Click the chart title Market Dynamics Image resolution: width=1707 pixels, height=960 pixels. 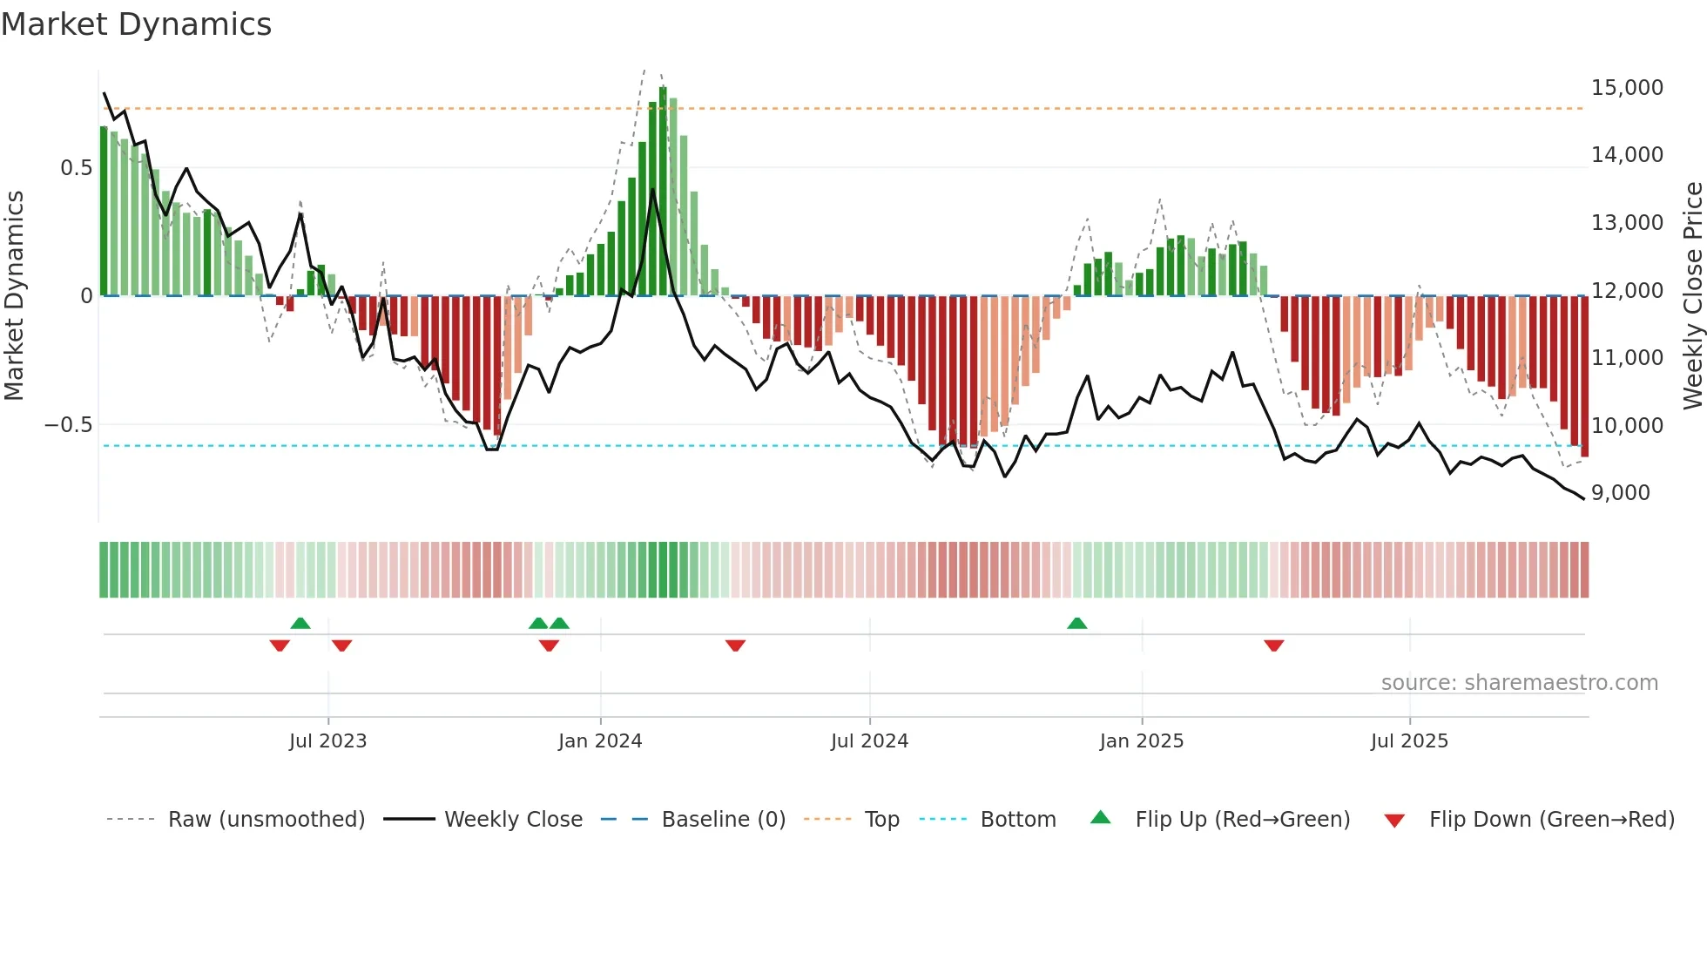pyautogui.click(x=136, y=24)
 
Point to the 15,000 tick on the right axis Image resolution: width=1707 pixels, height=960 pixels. pyautogui.click(x=1626, y=88)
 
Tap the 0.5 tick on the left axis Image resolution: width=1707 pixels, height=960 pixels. pyautogui.click(x=76, y=168)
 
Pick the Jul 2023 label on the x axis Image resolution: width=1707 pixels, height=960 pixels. pyautogui.click(x=327, y=741)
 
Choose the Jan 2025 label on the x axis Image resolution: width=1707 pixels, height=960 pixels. pyautogui.click(x=1141, y=741)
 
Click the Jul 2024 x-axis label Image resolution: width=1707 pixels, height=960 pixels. pyautogui.click(x=869, y=741)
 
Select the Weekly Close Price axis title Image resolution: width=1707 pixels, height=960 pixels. pyautogui.click(x=1692, y=295)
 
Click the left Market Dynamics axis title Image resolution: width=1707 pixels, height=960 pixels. pyautogui.click(x=14, y=295)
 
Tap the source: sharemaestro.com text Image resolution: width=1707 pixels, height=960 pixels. pyautogui.click(x=1519, y=683)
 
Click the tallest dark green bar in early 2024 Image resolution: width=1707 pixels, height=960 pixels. pyautogui.click(x=663, y=192)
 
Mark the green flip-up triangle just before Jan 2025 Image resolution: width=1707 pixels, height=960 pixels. pyautogui.click(x=1076, y=624)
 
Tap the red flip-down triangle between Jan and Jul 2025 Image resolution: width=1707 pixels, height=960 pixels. pyautogui.click(x=1273, y=646)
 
